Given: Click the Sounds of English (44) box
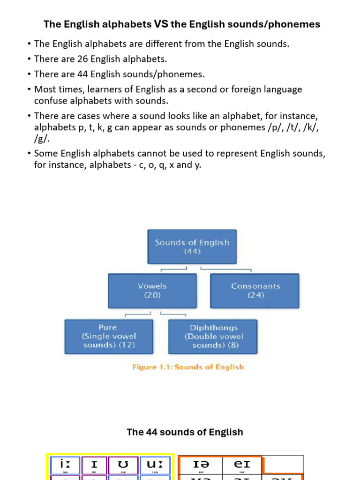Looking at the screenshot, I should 192,247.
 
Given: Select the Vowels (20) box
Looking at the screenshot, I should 152,291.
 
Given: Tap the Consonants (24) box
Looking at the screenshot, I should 255,291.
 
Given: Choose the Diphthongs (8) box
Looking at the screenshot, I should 213,336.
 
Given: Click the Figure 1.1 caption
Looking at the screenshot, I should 188,367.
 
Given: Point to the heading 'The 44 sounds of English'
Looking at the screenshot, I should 185,432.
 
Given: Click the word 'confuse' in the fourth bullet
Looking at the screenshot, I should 51,101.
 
